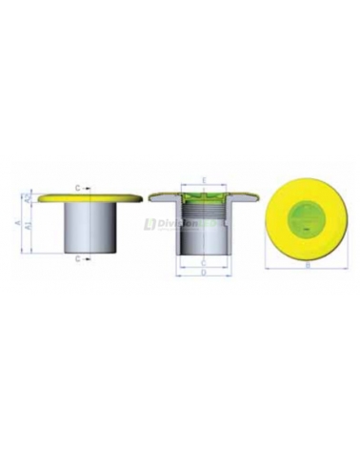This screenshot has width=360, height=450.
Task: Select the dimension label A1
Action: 29,227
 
